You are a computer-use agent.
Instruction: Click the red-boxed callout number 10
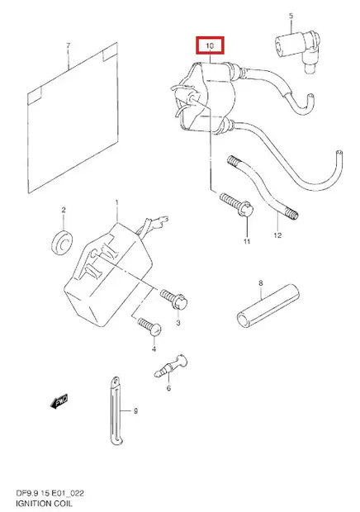click(x=210, y=45)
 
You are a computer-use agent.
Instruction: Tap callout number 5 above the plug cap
click(x=291, y=16)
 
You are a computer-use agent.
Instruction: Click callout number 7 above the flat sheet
click(x=68, y=45)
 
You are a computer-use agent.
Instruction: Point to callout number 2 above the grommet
click(x=64, y=210)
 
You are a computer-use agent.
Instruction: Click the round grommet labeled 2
click(x=62, y=242)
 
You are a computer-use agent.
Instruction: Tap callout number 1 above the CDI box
click(x=117, y=203)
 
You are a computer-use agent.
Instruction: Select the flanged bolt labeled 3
click(x=173, y=299)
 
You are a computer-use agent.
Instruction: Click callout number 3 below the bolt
click(x=178, y=323)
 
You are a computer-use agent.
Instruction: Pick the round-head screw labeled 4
click(x=149, y=326)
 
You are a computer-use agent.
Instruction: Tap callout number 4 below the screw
click(x=154, y=349)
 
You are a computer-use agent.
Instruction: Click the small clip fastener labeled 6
click(x=171, y=366)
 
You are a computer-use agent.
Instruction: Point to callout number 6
click(x=168, y=388)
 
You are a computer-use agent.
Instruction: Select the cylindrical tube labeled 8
click(x=268, y=306)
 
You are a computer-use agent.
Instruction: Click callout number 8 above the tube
click(x=260, y=283)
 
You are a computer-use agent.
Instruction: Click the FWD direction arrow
click(x=59, y=401)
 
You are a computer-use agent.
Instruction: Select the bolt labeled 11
click(x=237, y=205)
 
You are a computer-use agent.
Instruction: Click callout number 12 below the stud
click(x=277, y=235)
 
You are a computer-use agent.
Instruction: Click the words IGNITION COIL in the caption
click(x=44, y=503)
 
